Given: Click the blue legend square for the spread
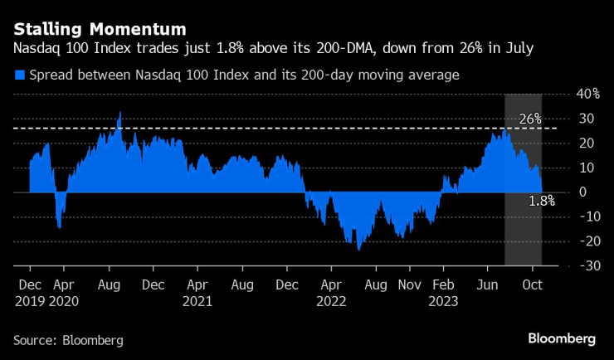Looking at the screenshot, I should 19,75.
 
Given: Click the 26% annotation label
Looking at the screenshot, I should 529,119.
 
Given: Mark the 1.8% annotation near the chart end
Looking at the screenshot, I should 541,201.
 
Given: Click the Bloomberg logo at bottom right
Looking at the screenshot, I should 562,338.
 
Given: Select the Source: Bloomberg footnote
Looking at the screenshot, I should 67,340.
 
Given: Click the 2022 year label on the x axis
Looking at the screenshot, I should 332,300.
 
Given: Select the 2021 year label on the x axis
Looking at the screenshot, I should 197,300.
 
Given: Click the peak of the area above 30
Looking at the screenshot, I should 120,113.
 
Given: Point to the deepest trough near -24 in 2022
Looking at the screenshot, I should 358,249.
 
